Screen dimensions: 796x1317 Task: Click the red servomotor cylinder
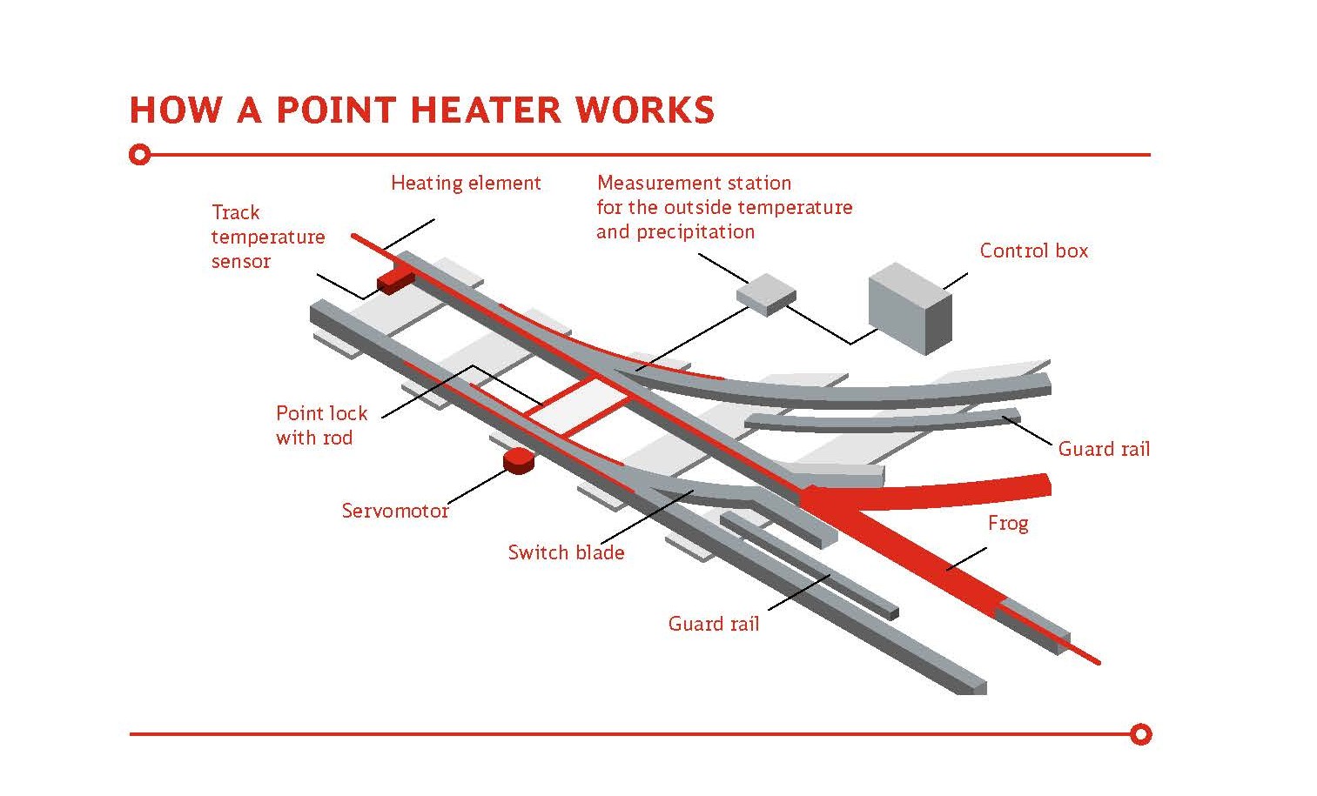coord(518,461)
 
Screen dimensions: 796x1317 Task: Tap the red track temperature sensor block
coord(395,279)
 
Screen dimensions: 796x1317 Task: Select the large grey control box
coord(910,309)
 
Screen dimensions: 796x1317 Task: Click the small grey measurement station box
coord(766,293)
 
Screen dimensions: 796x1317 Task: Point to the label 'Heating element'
coord(466,184)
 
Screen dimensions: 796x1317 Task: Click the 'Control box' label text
coord(1033,251)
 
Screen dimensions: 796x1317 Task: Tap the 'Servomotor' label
coord(394,511)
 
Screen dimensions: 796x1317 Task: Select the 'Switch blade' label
coord(566,552)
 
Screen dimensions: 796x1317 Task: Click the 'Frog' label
coord(1007,523)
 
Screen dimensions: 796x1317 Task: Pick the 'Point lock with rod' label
coord(321,425)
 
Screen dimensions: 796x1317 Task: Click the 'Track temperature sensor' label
coord(267,237)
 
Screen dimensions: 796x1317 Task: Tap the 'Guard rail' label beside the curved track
coord(1104,449)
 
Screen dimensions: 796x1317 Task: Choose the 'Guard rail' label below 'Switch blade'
coord(713,624)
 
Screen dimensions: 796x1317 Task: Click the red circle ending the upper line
coord(139,156)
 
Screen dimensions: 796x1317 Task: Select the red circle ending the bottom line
coord(1141,734)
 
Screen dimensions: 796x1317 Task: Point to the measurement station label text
coord(723,207)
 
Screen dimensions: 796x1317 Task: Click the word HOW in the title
coord(174,110)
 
